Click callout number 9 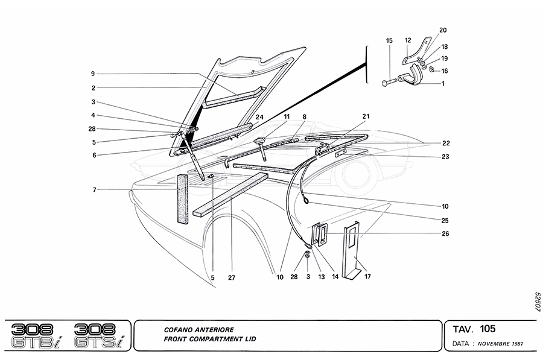pyautogui.click(x=93, y=74)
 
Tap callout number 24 pyautogui.click(x=259, y=116)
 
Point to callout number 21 pyautogui.click(x=366, y=116)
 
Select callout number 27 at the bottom pyautogui.click(x=231, y=278)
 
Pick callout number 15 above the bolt pyautogui.click(x=389, y=40)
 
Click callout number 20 pyautogui.click(x=443, y=30)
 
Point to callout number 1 pyautogui.click(x=444, y=84)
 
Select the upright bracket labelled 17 pyautogui.click(x=352, y=250)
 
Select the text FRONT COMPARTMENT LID pyautogui.click(x=209, y=339)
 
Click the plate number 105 pyautogui.click(x=488, y=329)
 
